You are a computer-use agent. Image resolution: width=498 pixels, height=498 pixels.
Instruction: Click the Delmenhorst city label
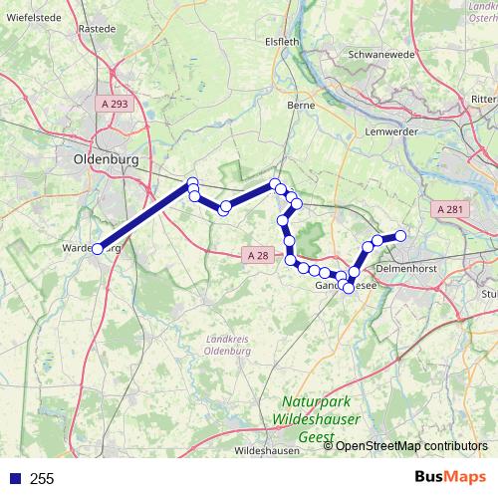coord(408,269)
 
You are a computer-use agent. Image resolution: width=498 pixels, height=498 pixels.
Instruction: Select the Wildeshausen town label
coord(267,451)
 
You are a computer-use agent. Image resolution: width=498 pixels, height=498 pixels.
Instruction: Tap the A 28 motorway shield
coord(257,256)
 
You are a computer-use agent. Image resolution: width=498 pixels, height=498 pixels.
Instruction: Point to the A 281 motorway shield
coord(451,209)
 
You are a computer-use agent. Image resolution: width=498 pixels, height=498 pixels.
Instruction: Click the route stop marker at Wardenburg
coord(98,249)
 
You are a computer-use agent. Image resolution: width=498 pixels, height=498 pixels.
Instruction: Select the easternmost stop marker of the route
coord(401,236)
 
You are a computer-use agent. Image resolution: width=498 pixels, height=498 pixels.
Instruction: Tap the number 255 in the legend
coord(42,479)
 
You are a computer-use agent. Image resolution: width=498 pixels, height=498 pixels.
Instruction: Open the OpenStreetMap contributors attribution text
coord(411,446)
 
